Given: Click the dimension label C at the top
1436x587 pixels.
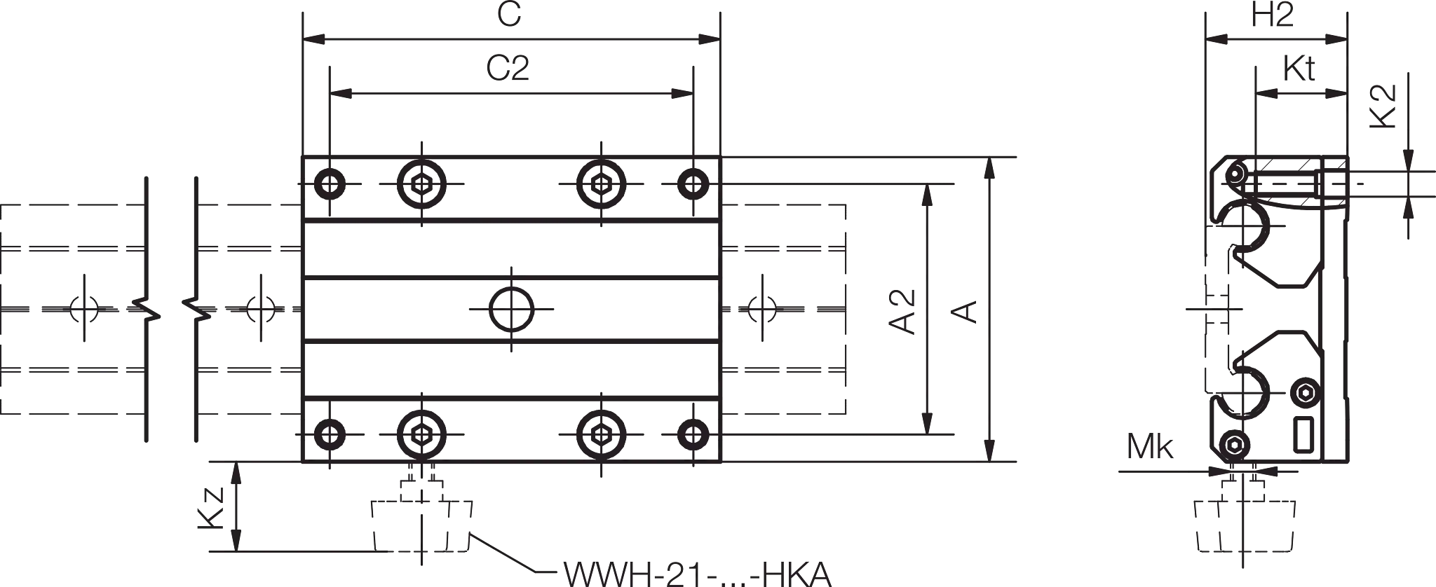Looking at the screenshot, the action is pos(510,15).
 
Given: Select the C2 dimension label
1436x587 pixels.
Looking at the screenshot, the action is pos(508,68).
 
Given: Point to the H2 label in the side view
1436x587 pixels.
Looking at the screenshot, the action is pos(1273,15).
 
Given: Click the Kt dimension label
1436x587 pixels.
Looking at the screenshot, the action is pos(1299,69).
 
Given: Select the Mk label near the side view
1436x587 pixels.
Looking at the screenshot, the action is pos(1150,447).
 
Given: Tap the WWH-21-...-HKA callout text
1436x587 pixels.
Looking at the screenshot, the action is pos(698,575).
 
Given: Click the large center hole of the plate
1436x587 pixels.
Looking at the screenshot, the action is pos(511,309).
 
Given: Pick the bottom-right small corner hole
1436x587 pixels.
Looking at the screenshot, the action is pos(693,434).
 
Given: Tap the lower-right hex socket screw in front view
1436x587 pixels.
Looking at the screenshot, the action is pos(601,434).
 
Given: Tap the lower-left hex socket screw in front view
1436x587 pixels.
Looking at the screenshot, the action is pos(421,434).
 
